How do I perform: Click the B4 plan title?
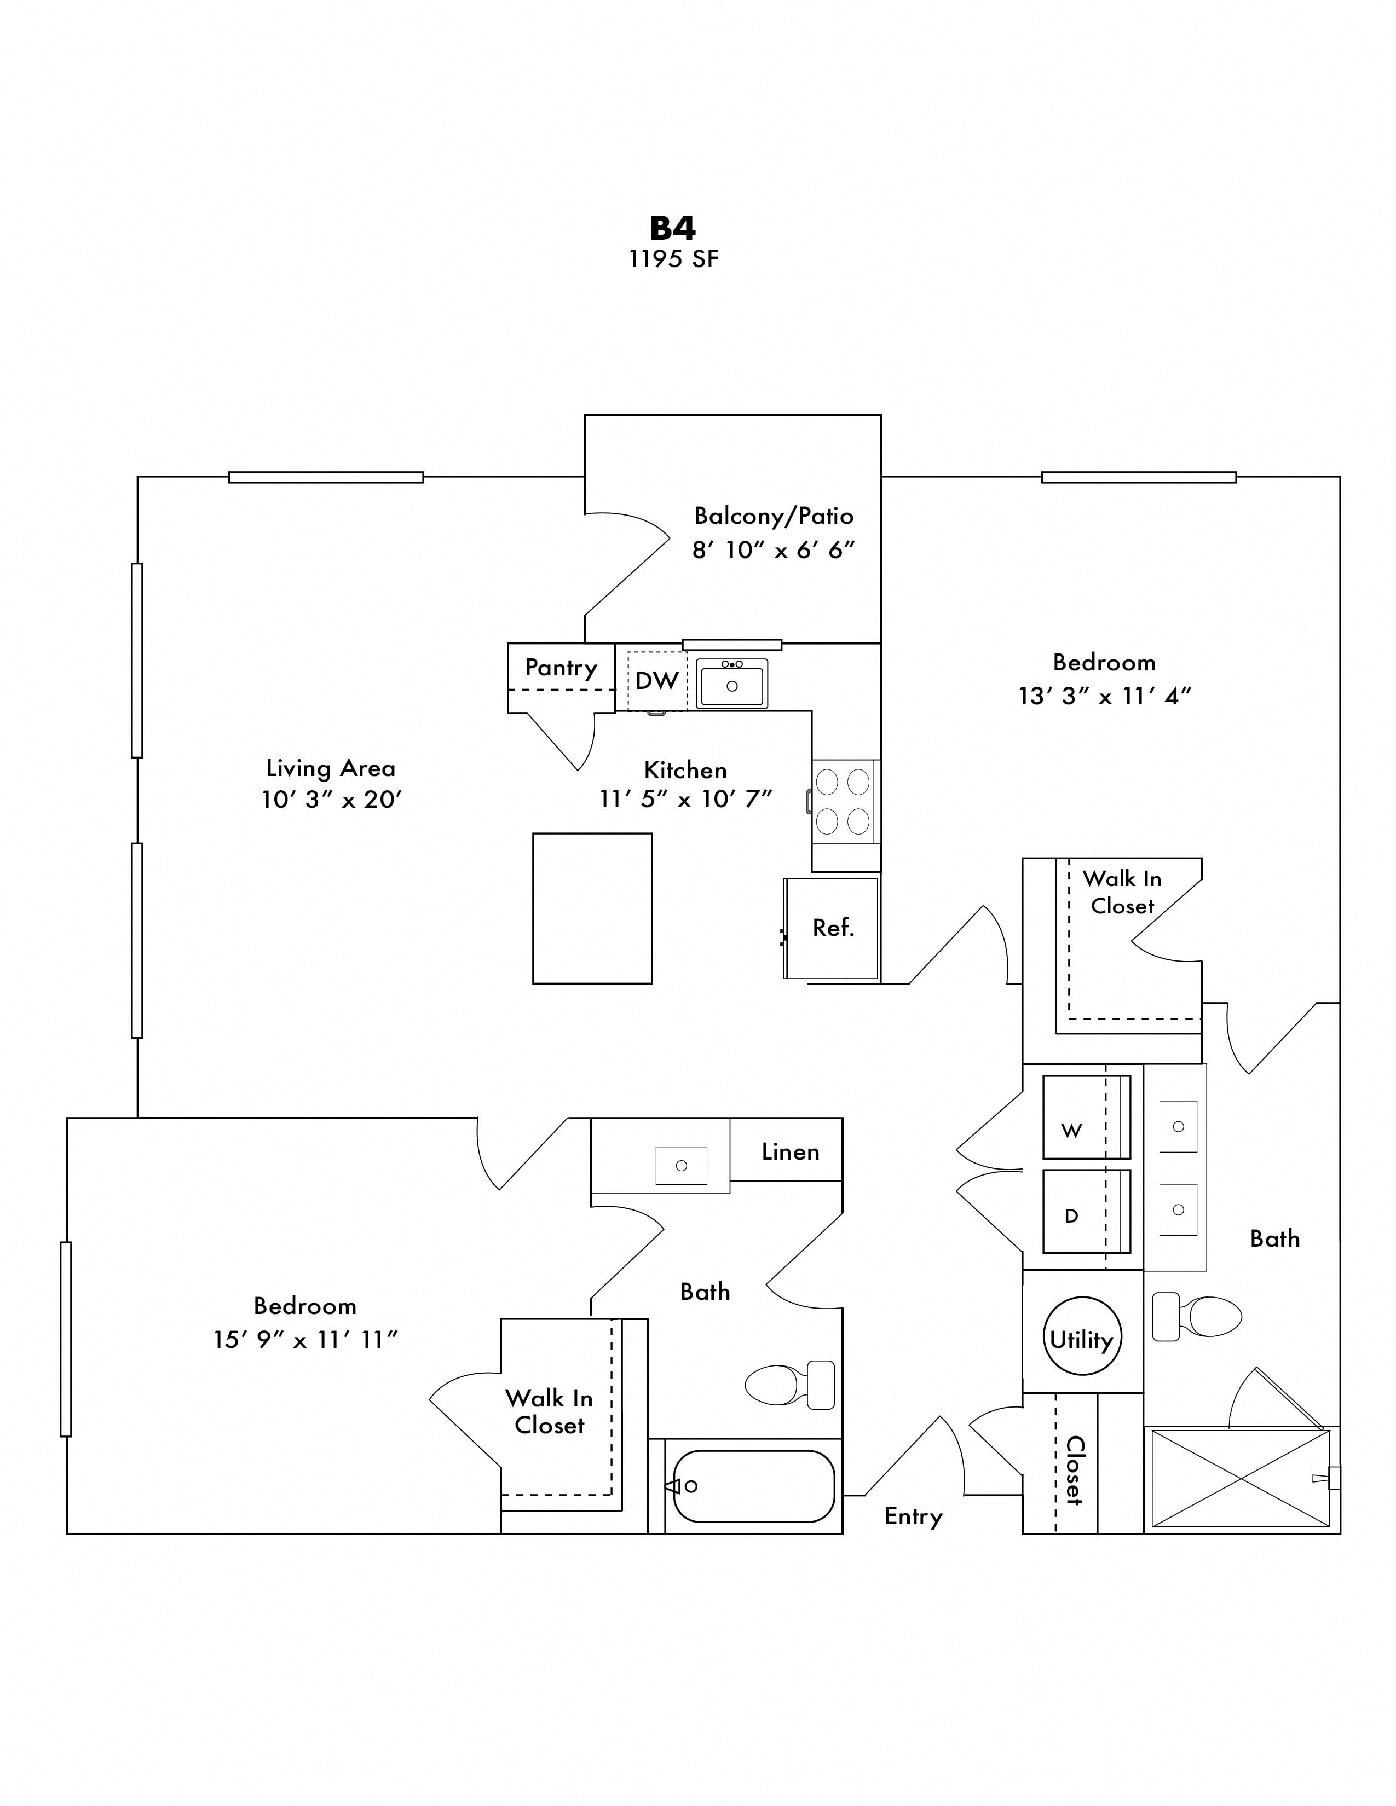click(x=672, y=228)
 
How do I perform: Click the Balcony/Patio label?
click(x=773, y=516)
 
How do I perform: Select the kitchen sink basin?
click(x=731, y=685)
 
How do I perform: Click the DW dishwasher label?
click(x=656, y=681)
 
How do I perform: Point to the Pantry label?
click(x=561, y=667)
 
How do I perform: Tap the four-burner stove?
click(x=842, y=801)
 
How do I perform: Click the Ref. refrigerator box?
click(x=832, y=928)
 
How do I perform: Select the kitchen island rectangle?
click(x=592, y=908)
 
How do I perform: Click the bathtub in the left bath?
click(x=753, y=1486)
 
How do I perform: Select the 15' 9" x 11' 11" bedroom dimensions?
click(x=305, y=1340)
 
